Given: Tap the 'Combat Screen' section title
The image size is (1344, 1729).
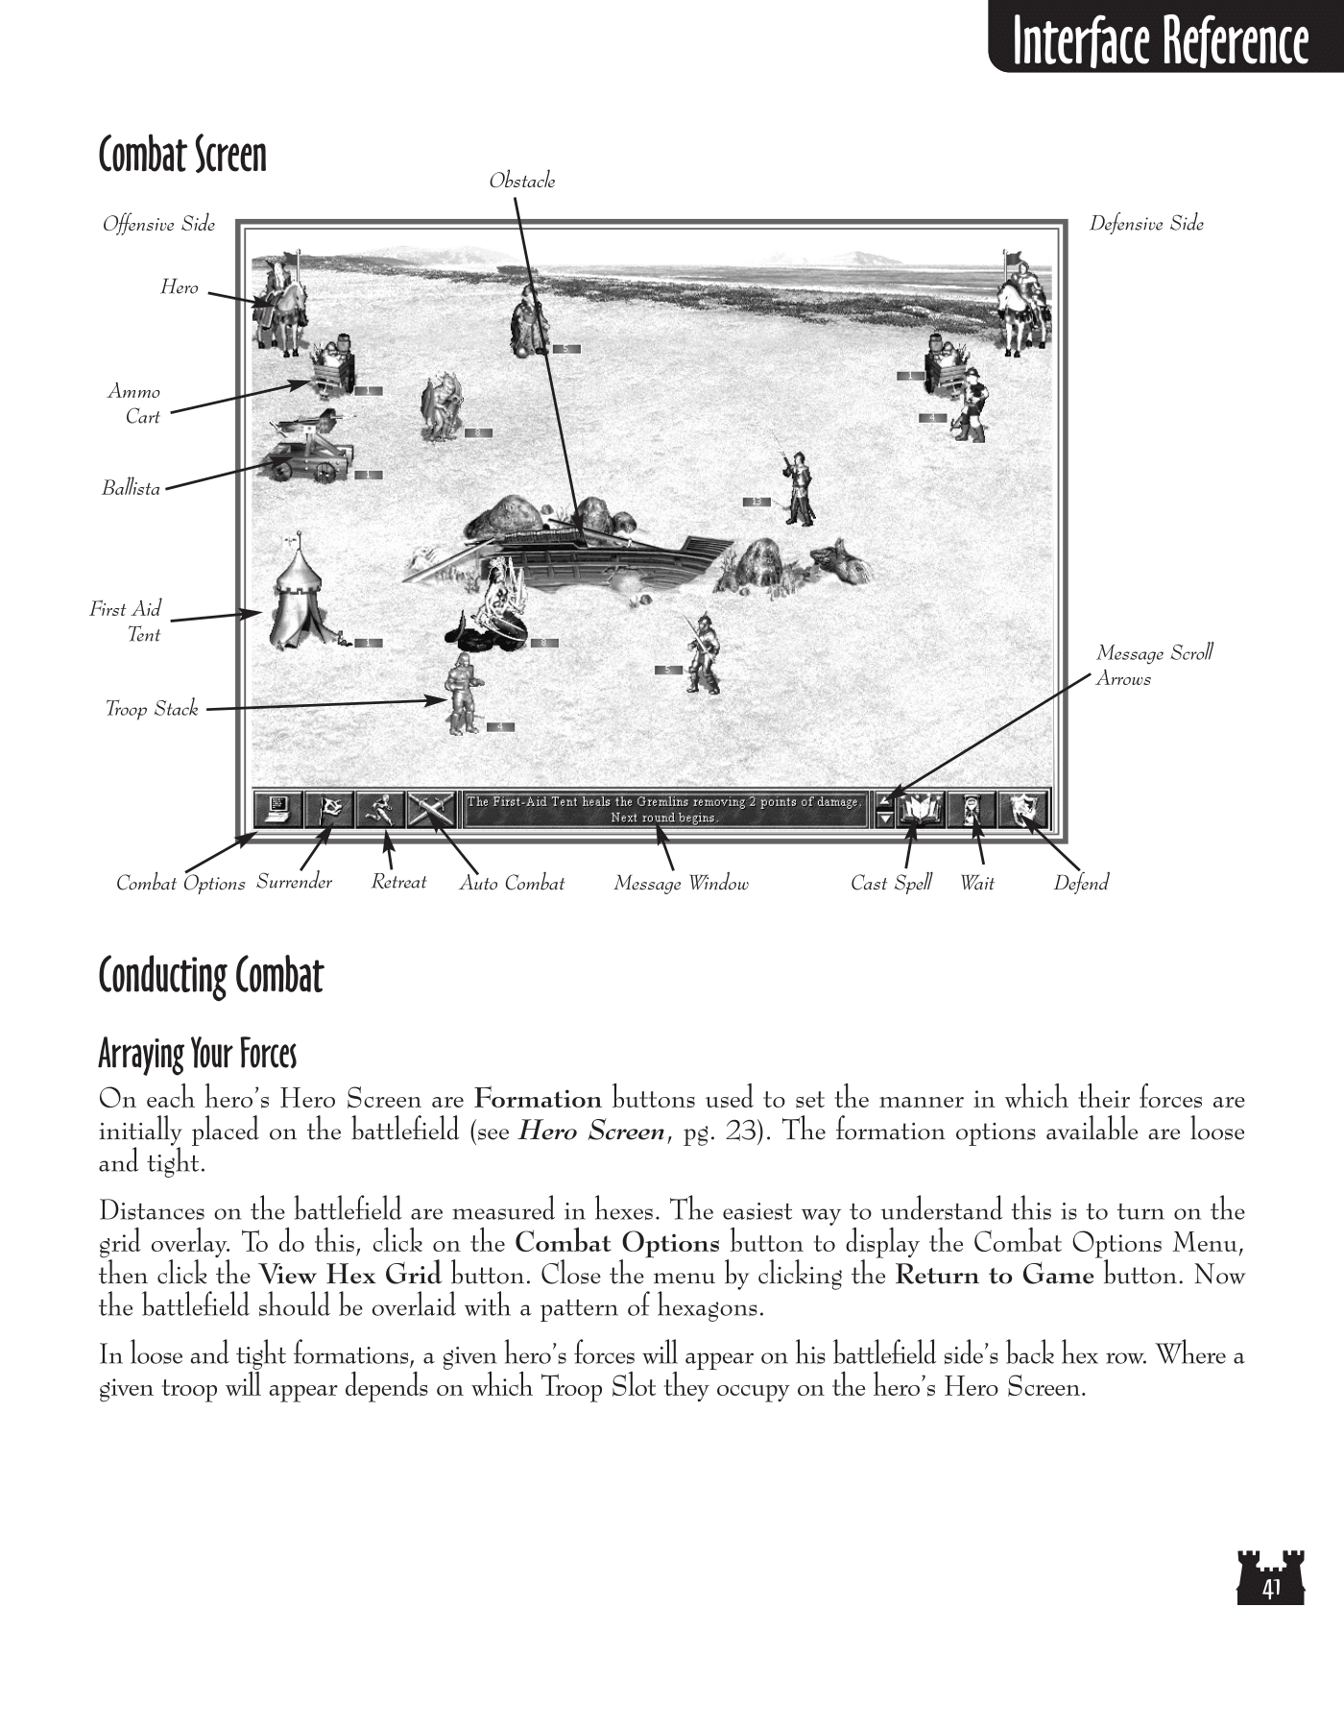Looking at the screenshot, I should coord(182,155).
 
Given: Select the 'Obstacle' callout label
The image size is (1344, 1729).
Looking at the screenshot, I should coord(521,181).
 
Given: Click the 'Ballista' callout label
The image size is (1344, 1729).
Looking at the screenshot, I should coord(132,488).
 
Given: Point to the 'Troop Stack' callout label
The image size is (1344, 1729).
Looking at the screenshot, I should coord(152,709).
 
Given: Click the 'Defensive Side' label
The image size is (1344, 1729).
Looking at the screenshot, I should coord(1145,224).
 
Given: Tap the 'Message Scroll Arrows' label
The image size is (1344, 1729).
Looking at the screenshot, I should coord(1153,665).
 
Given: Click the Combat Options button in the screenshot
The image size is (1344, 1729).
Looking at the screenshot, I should coord(277,809).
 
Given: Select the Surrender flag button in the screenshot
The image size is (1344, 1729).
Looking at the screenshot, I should coord(328,809).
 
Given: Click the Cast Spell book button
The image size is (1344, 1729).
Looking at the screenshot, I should coord(921,810).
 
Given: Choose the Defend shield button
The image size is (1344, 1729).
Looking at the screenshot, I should coord(1023,810).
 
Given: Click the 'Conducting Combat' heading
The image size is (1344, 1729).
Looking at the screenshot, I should coord(210,976).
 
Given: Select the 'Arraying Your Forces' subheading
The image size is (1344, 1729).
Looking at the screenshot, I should coord(197,1054).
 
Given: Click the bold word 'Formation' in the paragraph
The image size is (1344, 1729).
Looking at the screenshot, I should coord(538,1099).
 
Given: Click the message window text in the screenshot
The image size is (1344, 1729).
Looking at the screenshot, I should coord(663,809).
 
